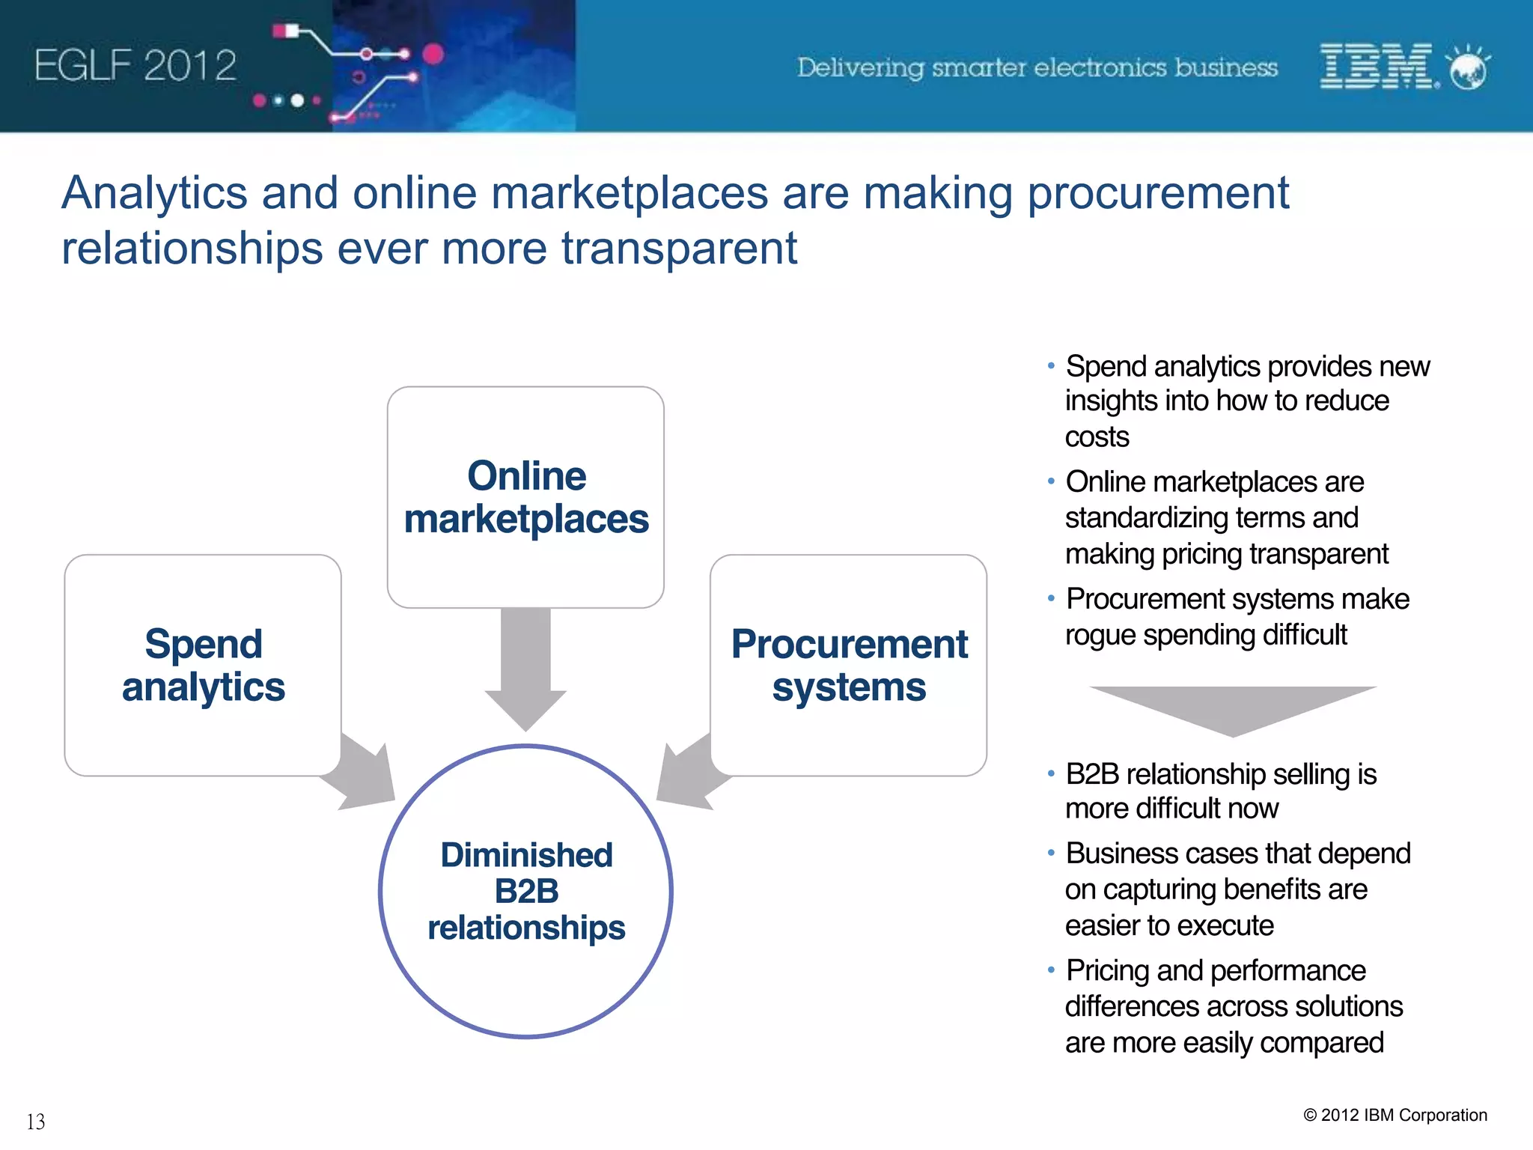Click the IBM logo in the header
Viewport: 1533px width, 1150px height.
1377,66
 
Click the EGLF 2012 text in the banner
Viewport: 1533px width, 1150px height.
135,66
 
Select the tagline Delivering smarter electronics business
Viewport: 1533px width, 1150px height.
1037,67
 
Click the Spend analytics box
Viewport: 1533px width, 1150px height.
203,665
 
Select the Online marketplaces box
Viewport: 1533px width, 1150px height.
525,497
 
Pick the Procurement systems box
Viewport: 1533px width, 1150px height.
848,665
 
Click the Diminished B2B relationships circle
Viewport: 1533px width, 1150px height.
525,891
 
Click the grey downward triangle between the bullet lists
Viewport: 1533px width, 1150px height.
1233,708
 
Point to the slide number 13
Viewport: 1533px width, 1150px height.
36,1122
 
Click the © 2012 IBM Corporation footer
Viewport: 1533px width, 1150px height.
1395,1115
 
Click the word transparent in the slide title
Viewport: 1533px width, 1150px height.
679,249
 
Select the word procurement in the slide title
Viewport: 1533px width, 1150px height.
1158,193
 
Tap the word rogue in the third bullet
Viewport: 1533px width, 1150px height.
1100,635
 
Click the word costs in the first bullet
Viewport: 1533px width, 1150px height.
1097,436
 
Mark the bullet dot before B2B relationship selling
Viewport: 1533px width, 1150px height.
1051,773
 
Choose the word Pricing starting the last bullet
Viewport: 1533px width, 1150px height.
1108,970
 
